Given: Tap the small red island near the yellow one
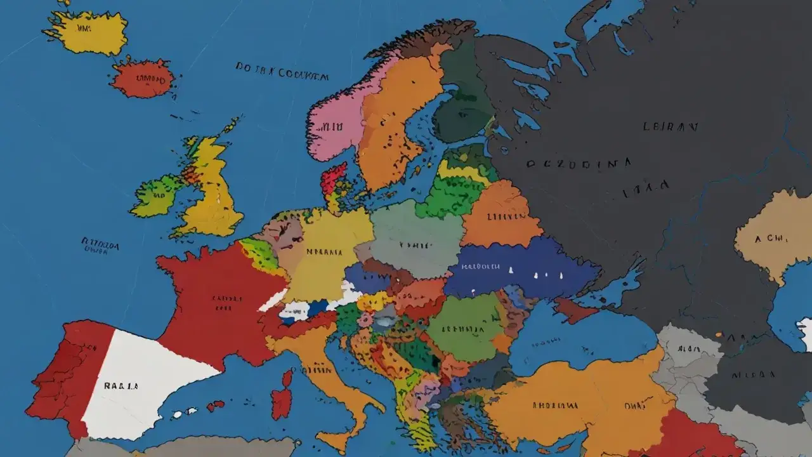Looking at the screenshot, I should coord(143,79).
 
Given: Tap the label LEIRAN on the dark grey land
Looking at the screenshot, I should coord(670,126).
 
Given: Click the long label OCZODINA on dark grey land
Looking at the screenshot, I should coord(579,163).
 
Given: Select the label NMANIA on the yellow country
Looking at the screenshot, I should coord(324,251).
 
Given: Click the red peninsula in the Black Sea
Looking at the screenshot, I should coord(574,310).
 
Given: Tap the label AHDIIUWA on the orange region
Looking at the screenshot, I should coord(554,404).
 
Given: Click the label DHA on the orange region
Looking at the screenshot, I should coord(634,404).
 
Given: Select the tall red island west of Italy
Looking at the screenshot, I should coord(282,397).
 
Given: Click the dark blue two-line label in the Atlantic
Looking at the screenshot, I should coord(100,246).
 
